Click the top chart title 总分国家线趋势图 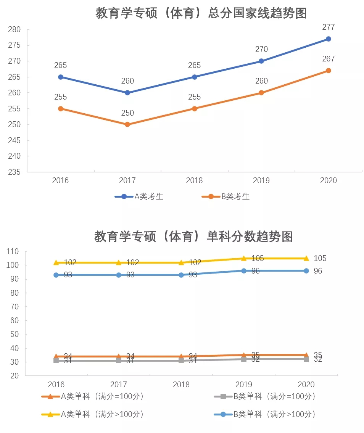pyautogui.click(x=201, y=13)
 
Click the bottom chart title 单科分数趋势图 pyautogui.click(x=193, y=237)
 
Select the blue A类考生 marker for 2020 pyautogui.click(x=328, y=39)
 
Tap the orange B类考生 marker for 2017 pyautogui.click(x=127, y=124)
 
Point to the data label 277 pyautogui.click(x=328, y=27)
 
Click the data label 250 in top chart pyautogui.click(x=127, y=113)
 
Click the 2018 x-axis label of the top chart pyautogui.click(x=194, y=180)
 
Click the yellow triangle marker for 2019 pyautogui.click(x=244, y=259)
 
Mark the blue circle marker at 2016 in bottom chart pyautogui.click(x=56, y=275)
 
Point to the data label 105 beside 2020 pyautogui.click(x=320, y=259)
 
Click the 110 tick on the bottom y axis pyautogui.click(x=13, y=251)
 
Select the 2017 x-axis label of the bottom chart pyautogui.click(x=119, y=384)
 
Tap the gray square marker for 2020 pyautogui.click(x=306, y=359)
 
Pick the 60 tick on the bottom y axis pyautogui.click(x=14, y=320)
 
